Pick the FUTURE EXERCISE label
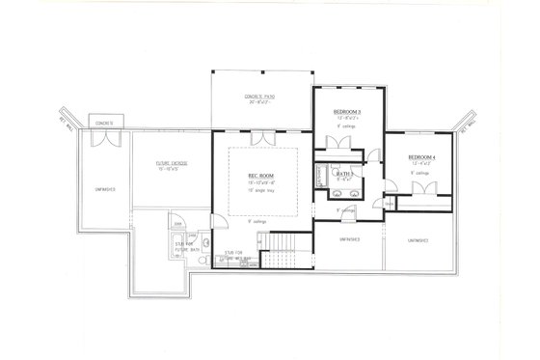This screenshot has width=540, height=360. click(x=172, y=164)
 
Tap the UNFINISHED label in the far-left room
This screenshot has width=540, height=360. click(x=104, y=189)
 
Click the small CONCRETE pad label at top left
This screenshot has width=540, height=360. click(x=104, y=124)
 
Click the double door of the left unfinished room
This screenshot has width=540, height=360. click(x=104, y=139)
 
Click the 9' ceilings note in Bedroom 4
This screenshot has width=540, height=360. click(x=421, y=175)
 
